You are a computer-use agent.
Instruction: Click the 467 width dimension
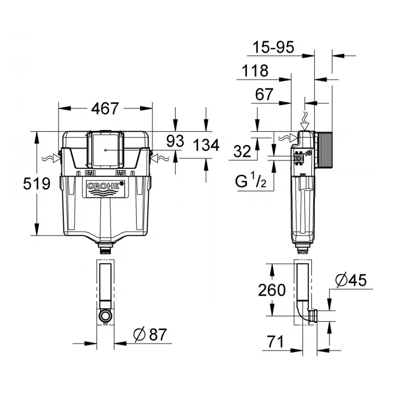click(105, 109)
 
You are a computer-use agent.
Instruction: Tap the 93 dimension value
click(174, 141)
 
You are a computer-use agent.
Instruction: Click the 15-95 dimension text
click(274, 48)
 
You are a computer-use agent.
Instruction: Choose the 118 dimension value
click(255, 71)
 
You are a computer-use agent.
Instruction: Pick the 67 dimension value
click(264, 95)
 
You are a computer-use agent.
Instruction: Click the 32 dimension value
click(242, 151)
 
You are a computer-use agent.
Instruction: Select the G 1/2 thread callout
click(251, 182)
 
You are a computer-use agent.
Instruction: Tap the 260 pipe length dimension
click(272, 290)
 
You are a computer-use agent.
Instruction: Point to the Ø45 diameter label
click(351, 280)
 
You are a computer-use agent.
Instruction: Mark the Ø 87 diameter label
click(150, 335)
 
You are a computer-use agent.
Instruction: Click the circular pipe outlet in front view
click(105, 316)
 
